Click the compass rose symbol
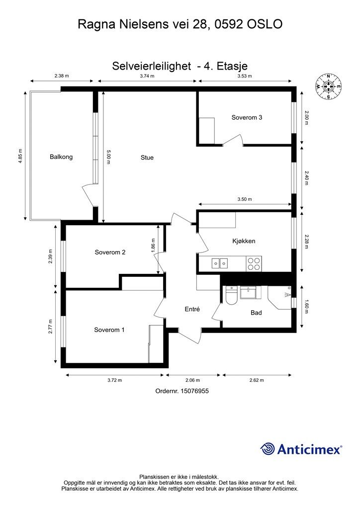(x=328, y=86)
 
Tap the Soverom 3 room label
(x=247, y=117)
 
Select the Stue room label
(x=147, y=158)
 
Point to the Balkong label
(x=61, y=157)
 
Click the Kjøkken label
(x=244, y=241)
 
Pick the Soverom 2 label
(x=110, y=252)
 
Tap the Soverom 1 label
(x=109, y=330)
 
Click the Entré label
(x=192, y=309)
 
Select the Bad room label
(x=256, y=313)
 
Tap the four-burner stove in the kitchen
(x=254, y=263)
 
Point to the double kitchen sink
(x=220, y=263)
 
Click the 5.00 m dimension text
(x=108, y=157)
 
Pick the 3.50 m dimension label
(x=245, y=199)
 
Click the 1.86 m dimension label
(x=153, y=245)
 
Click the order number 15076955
(x=194, y=391)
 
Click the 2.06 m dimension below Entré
(x=193, y=380)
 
